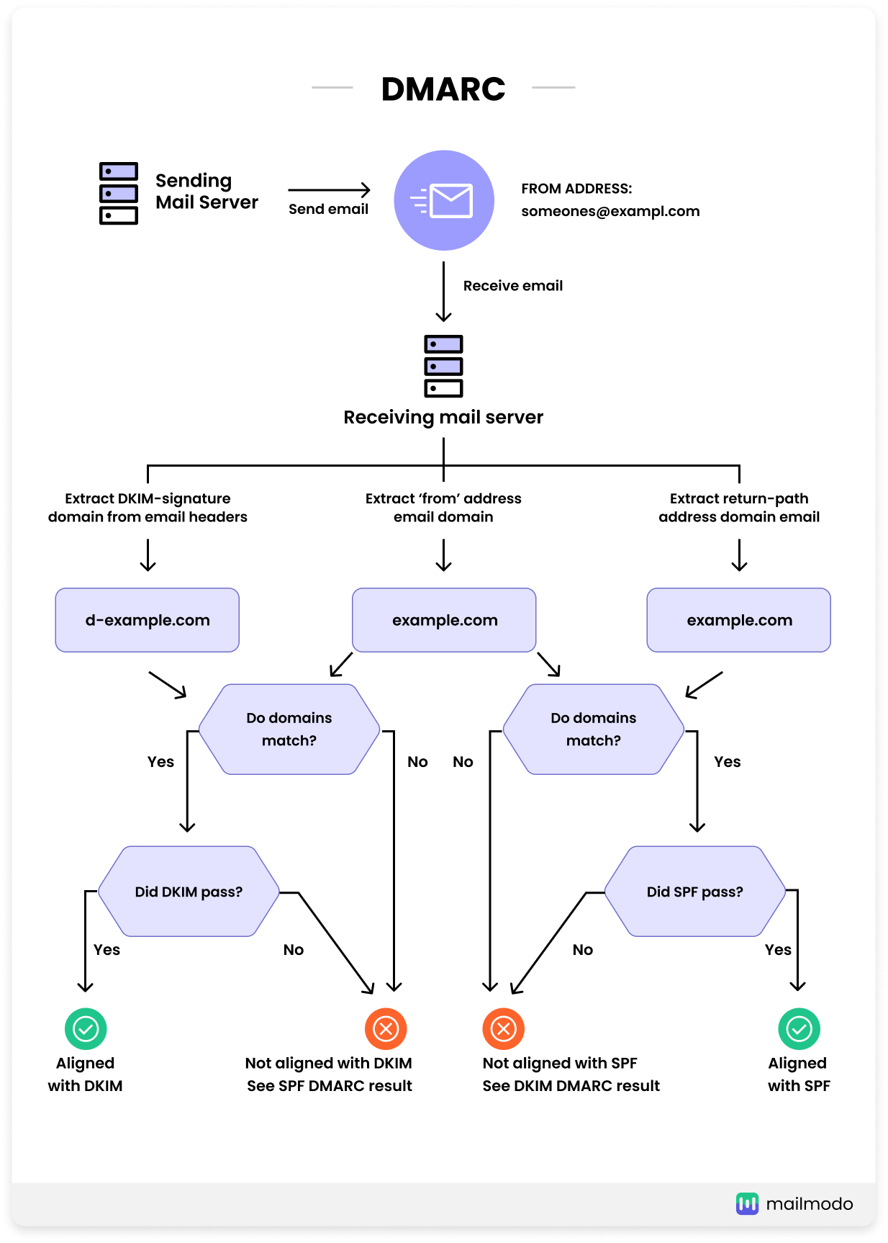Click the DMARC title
443,89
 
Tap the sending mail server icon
119,193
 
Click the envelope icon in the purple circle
450,201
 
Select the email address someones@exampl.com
610,211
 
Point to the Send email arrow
329,190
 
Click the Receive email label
512,286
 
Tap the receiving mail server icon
443,366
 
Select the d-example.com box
148,620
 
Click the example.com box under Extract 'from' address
444,620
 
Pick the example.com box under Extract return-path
739,620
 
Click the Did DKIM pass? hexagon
189,892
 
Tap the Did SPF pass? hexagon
694,892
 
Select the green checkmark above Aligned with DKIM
86,1029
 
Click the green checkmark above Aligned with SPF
799,1029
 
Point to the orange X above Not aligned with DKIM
386,1029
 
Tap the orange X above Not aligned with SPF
503,1029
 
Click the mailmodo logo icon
747,1203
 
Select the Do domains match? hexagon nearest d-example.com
289,729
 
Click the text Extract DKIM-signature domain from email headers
148,508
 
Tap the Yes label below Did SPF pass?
778,950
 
